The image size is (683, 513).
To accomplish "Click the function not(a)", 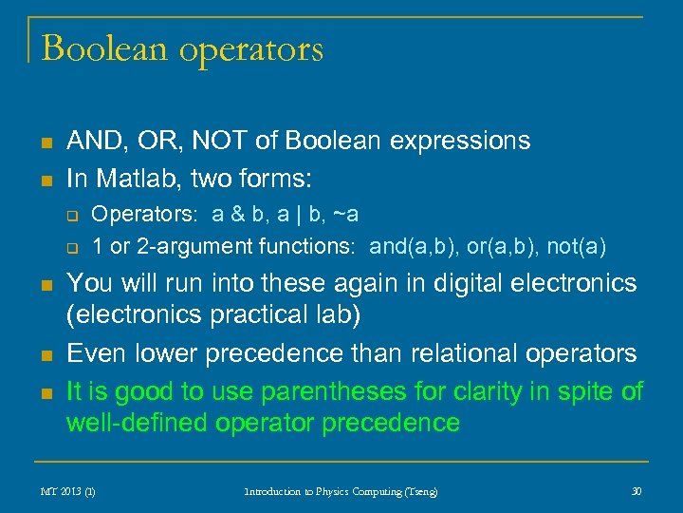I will pos(572,247).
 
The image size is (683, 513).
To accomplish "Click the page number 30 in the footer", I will pos(637,491).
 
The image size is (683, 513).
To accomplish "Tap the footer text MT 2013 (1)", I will pos(67,491).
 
